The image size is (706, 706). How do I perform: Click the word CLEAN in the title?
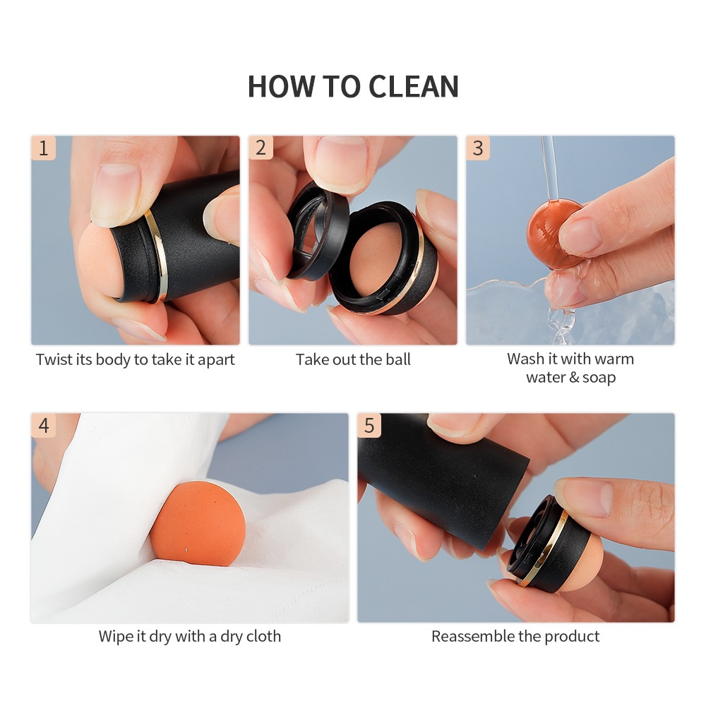413,86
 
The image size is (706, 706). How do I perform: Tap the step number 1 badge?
43,148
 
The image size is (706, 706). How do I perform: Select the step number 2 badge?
261,148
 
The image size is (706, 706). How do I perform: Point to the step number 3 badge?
478,148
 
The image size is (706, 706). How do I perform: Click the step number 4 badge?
43,425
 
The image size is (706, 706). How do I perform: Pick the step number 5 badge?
369,425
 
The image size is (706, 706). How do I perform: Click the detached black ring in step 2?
317,229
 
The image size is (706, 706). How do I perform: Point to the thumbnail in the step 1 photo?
116,195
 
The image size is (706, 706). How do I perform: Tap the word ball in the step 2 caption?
398,359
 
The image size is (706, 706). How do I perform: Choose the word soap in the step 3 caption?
599,377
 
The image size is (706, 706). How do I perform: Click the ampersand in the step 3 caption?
574,377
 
